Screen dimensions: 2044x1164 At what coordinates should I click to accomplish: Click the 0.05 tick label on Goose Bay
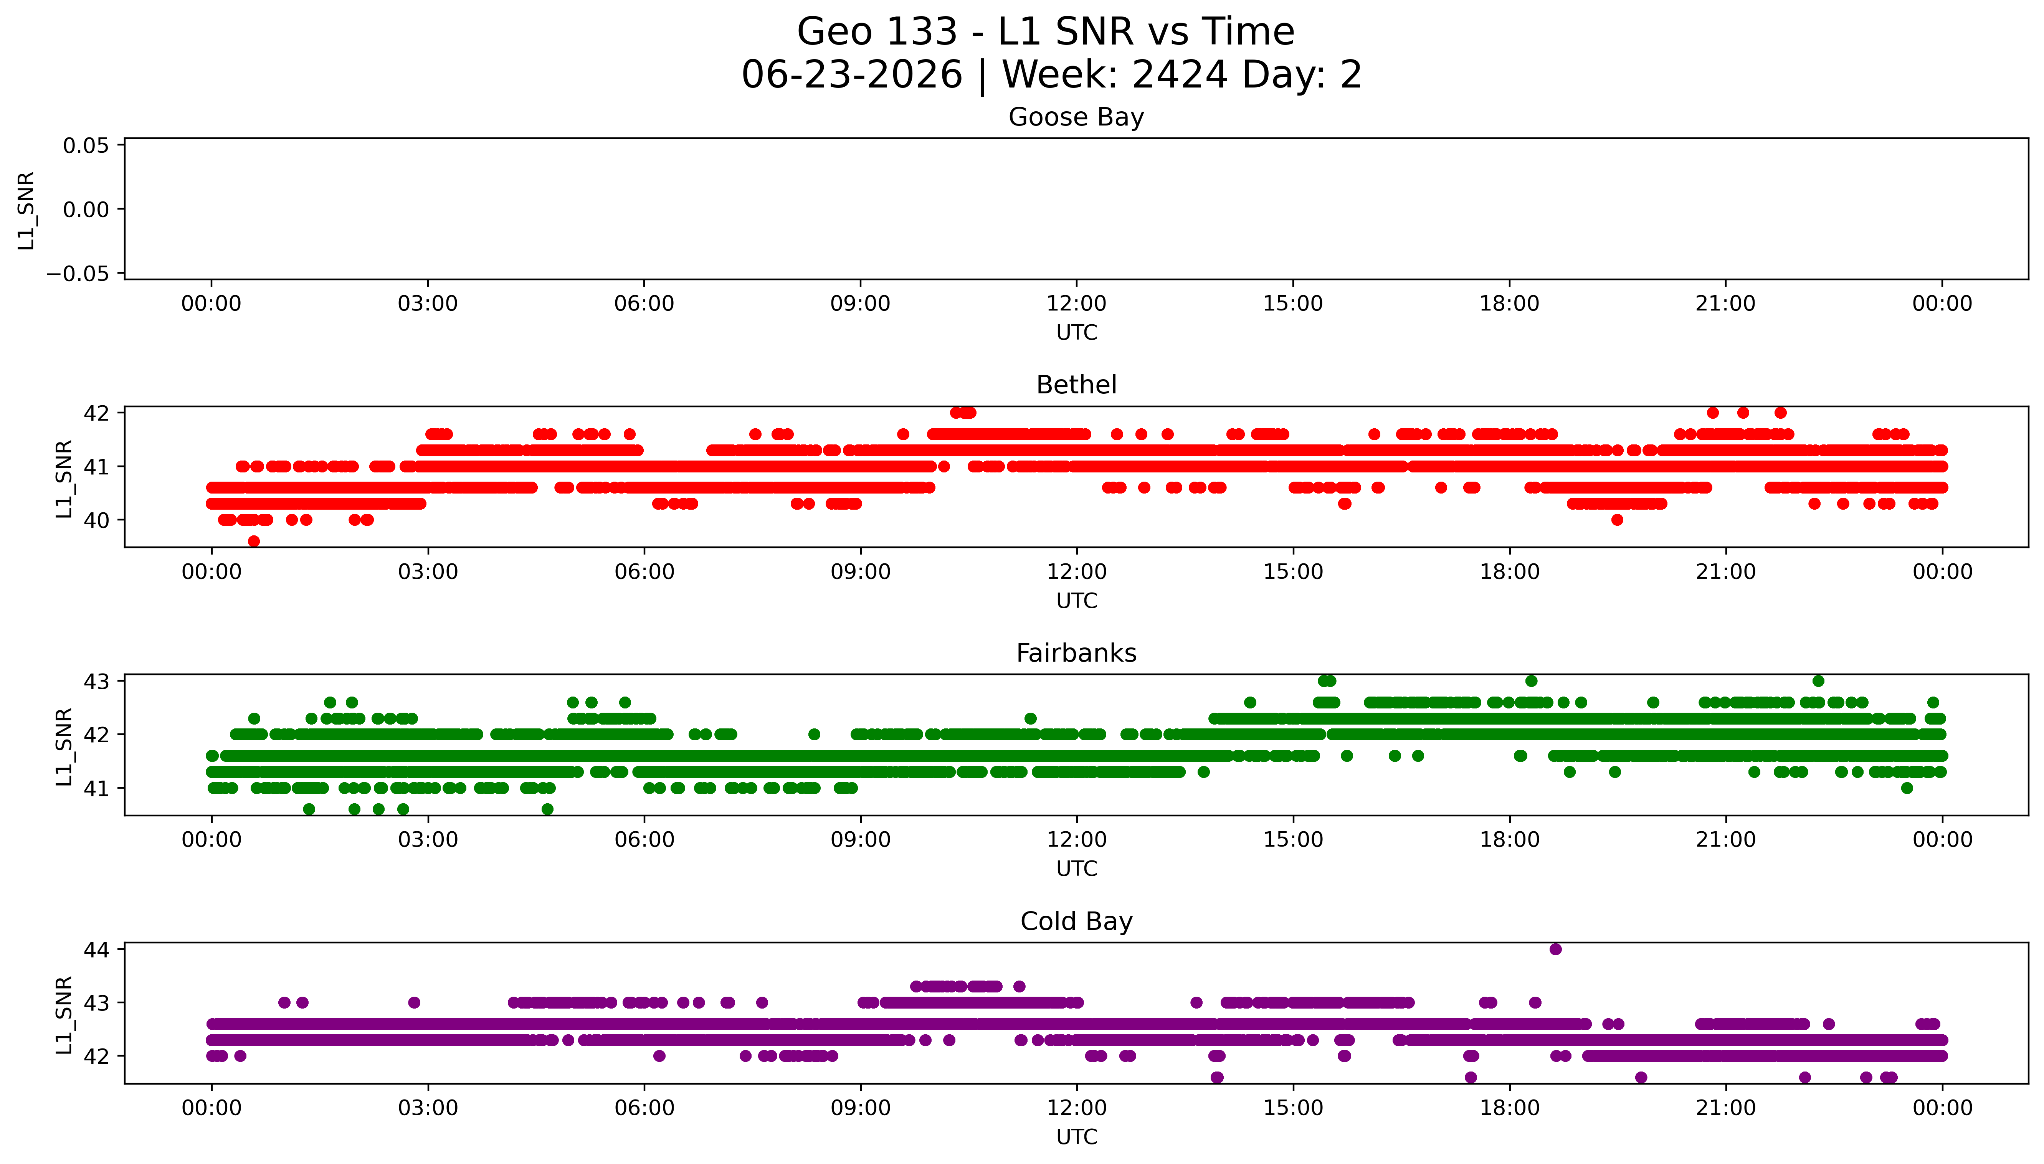(86, 145)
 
